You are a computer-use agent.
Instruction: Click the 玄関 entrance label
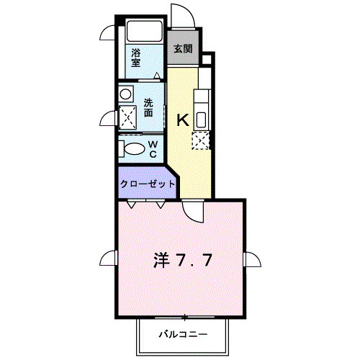[x=183, y=49]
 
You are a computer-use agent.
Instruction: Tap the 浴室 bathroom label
[x=136, y=58]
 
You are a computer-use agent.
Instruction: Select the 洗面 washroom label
[x=148, y=108]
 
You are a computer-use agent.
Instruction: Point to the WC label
[x=153, y=149]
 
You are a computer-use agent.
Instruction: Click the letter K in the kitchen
[x=183, y=120]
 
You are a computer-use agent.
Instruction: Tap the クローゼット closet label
[x=148, y=184]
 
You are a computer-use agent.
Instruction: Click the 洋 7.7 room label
[x=183, y=260]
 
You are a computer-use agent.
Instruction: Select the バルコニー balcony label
[x=183, y=334]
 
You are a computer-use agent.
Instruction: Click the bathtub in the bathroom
[x=145, y=32]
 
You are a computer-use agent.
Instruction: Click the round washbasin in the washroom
[x=125, y=94]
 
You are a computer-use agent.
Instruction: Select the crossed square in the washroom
[x=128, y=117]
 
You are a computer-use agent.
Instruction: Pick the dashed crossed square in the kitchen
[x=201, y=140]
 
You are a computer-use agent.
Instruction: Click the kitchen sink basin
[x=202, y=120]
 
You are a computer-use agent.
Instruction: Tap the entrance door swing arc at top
[x=184, y=14]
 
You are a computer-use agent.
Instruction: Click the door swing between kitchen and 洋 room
[x=192, y=212]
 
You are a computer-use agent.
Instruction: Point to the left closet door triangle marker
[x=131, y=204]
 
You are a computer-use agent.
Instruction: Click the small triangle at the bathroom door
[x=157, y=76]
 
